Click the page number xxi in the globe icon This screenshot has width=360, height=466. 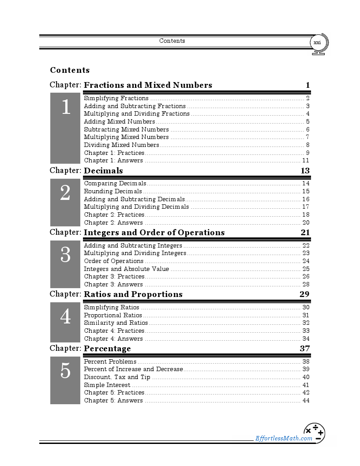coord(317,43)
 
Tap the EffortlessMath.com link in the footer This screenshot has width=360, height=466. coord(284,438)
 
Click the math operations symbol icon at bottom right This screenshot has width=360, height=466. coord(314,433)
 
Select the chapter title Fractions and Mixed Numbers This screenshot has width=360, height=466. coord(148,85)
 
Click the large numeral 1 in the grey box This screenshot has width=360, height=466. coord(65,107)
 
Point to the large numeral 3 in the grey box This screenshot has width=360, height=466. coord(65,255)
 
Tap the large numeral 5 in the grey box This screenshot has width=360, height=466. coord(65,371)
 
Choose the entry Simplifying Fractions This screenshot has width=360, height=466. coord(116,98)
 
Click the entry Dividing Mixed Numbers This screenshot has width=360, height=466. coord(121,145)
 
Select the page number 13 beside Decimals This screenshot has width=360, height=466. coord(305,171)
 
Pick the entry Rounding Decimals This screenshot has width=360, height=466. coord(113,192)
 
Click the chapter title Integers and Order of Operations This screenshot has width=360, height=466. coord(154,233)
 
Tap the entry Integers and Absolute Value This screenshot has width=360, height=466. coord(126,269)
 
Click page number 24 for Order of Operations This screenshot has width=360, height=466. coord(306,261)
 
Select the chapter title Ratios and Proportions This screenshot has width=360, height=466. coord(133,294)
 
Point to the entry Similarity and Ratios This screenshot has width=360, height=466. coord(116,323)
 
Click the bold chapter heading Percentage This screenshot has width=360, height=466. coord(107,349)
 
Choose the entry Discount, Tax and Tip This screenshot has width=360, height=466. coord(117,377)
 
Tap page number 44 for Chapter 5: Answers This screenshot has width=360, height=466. coord(306,401)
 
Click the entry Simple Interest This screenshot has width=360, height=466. coord(107,385)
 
